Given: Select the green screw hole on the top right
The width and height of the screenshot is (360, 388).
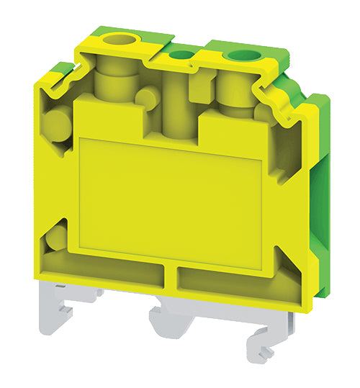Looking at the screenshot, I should click(236, 56).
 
